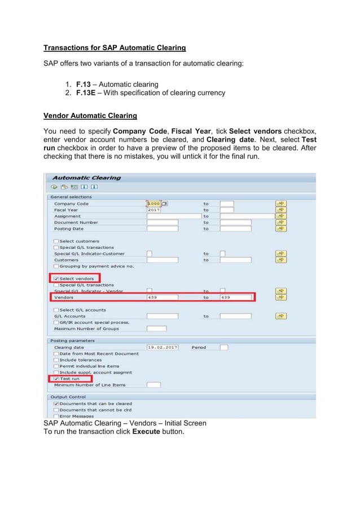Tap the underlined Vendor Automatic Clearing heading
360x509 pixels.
tap(90, 116)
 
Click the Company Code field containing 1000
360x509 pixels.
tap(154, 204)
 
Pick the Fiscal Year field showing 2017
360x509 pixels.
tap(154, 210)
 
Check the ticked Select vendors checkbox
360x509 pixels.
tap(55, 279)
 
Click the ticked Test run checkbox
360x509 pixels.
tap(55, 379)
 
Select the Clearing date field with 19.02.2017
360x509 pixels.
tap(163, 348)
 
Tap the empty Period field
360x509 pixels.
tap(224, 348)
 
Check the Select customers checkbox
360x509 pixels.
tap(56, 242)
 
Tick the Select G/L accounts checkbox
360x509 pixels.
tap(56, 310)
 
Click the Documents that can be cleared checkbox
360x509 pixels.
tap(56, 404)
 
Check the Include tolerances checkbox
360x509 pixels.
tap(56, 360)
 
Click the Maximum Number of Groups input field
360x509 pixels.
tap(156, 328)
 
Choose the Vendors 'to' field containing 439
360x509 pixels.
tap(235, 297)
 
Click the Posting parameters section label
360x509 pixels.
tap(73, 341)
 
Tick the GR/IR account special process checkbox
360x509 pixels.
tap(56, 322)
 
